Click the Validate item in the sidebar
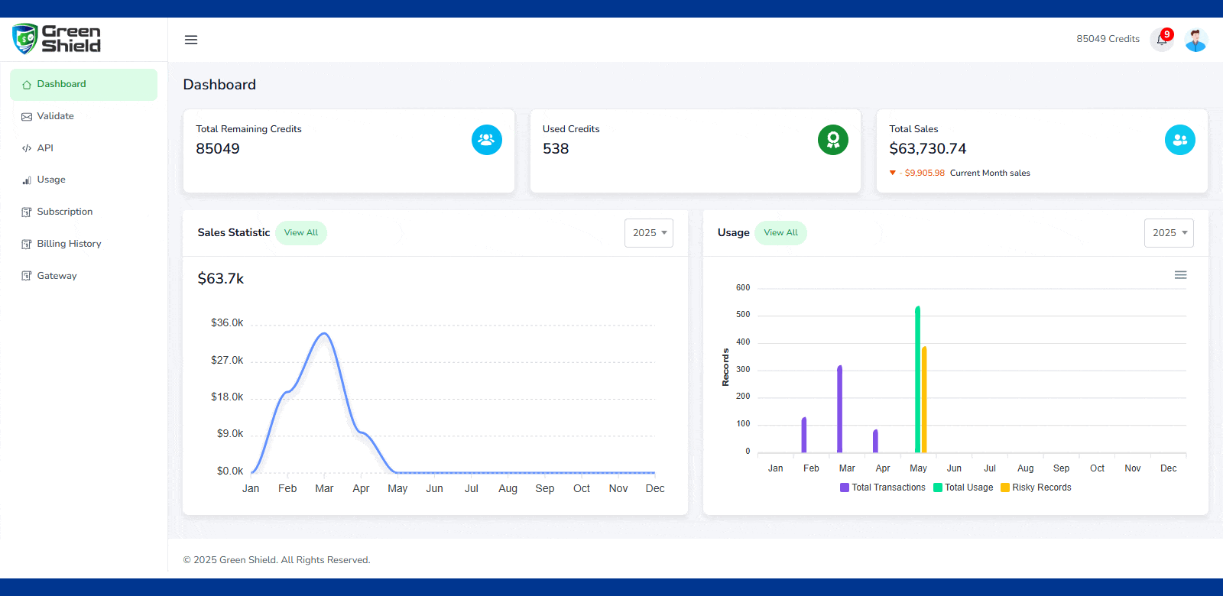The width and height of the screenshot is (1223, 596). tap(55, 116)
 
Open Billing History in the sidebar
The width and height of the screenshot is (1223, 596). tap(69, 244)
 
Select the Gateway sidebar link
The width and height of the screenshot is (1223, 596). tap(57, 276)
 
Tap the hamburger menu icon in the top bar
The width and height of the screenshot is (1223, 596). tap(191, 40)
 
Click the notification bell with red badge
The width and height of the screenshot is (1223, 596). tap(1161, 40)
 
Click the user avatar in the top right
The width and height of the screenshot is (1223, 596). tap(1195, 40)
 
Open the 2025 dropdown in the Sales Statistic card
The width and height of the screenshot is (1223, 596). tap(649, 233)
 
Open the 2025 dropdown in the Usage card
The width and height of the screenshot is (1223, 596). tap(1169, 233)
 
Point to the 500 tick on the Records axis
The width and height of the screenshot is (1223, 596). tap(743, 315)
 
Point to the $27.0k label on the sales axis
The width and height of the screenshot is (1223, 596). tap(227, 360)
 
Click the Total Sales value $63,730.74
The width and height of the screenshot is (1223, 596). tap(927, 149)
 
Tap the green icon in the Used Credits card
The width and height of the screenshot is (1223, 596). tap(832, 140)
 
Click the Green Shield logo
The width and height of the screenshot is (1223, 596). tap(57, 39)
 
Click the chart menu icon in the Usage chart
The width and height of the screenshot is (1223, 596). tap(1180, 275)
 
